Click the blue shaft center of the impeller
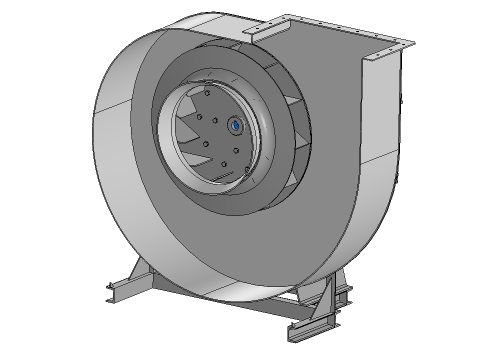(235, 126)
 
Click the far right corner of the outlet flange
(409, 43)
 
